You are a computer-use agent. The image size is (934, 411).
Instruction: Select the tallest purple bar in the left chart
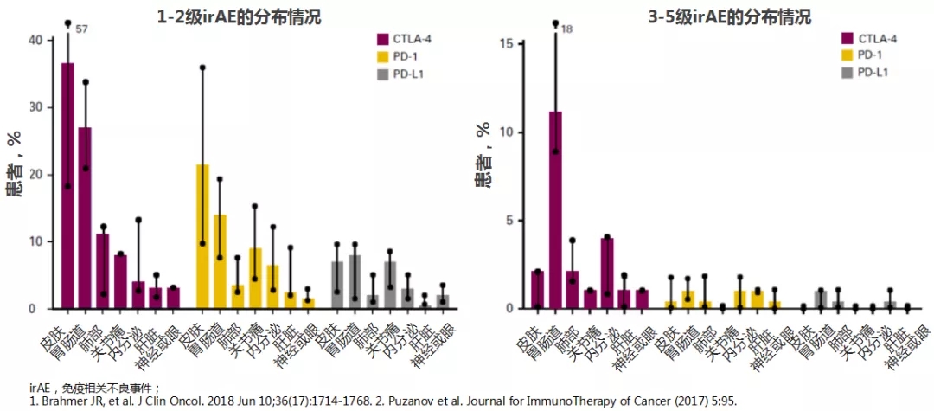point(67,186)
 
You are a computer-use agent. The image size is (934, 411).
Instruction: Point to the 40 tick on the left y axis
point(35,40)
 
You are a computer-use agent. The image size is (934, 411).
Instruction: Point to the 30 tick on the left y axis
point(35,107)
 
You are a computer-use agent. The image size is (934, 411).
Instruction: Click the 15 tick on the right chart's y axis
point(509,43)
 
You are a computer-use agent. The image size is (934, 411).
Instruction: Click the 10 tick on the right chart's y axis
point(509,132)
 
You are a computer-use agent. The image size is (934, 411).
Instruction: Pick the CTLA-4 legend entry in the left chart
point(405,39)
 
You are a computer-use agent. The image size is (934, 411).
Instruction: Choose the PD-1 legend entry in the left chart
point(399,56)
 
